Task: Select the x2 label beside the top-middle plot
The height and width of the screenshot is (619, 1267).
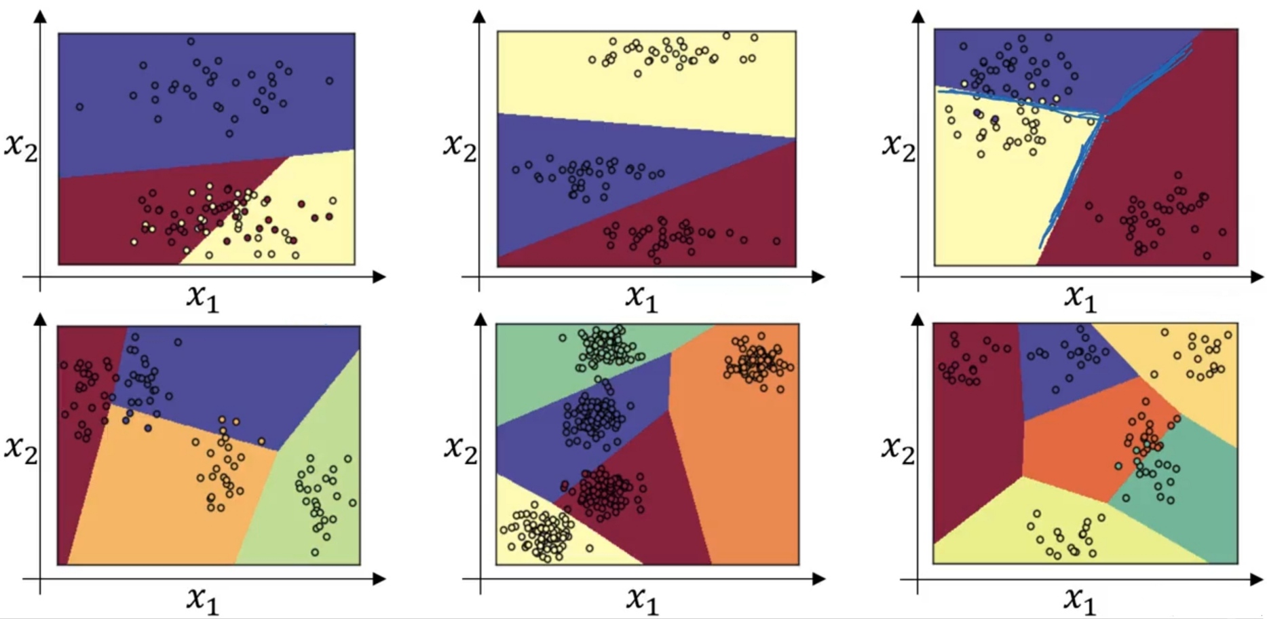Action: click(x=459, y=145)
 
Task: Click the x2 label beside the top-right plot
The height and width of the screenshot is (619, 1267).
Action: click(x=899, y=145)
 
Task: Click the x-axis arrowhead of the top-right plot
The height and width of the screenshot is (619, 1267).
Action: click(x=1257, y=277)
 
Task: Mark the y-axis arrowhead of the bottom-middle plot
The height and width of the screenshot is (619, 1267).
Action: click(x=480, y=319)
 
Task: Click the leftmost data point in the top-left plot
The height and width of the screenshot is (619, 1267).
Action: click(x=79, y=107)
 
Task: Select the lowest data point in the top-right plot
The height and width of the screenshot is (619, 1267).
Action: click(x=1207, y=256)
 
